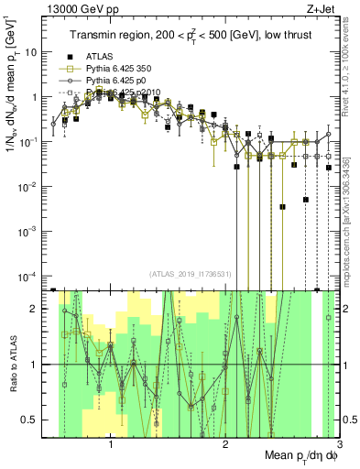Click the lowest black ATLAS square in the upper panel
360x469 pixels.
318,289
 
